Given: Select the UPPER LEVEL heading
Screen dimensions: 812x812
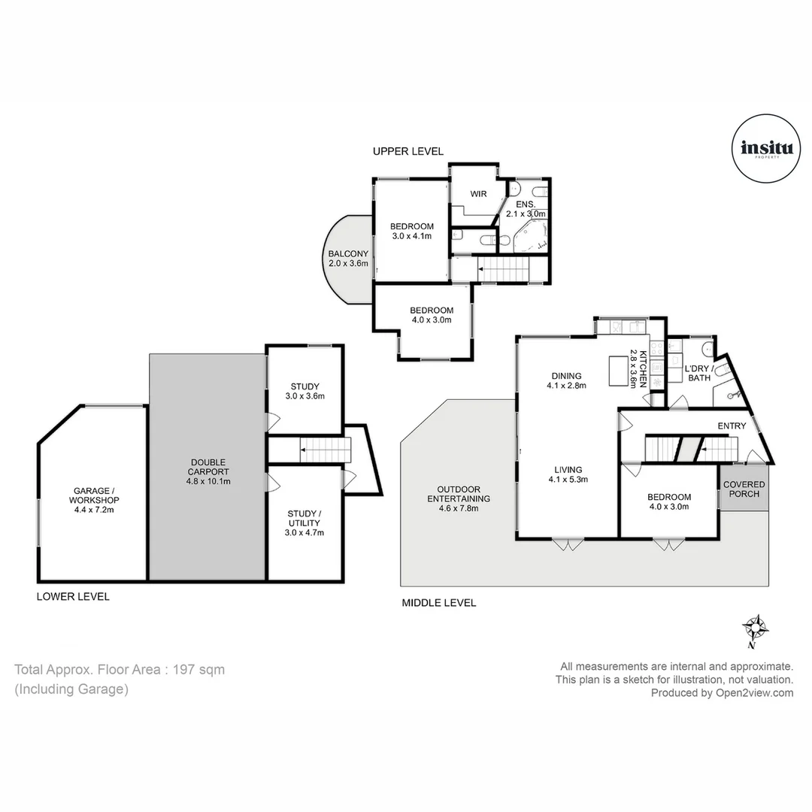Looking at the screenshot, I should [x=408, y=151].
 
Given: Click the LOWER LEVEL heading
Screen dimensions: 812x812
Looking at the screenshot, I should [x=73, y=596].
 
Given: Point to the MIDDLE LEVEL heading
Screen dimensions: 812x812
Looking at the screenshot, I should [x=439, y=602].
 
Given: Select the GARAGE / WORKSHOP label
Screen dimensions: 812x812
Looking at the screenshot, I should [x=94, y=500].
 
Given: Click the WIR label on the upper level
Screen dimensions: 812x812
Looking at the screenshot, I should [x=478, y=194].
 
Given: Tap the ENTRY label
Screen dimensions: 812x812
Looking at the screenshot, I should [x=731, y=426].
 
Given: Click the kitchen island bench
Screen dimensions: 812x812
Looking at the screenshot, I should [x=618, y=371].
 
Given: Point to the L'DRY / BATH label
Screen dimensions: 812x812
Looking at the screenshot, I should [x=699, y=373].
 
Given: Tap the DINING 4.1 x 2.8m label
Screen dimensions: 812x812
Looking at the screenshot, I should [x=567, y=380].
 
